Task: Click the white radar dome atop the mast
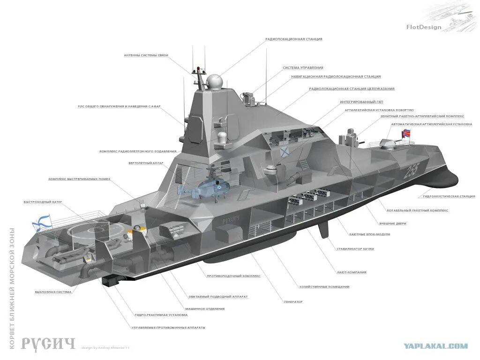(x=214, y=82)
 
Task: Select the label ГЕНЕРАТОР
(x=293, y=301)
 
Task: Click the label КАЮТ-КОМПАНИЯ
(x=352, y=272)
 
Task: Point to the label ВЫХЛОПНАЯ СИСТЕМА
(x=53, y=292)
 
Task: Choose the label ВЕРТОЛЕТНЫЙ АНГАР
(x=146, y=163)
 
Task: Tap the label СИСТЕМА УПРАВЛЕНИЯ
(x=303, y=67)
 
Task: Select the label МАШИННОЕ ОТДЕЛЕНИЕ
(x=205, y=308)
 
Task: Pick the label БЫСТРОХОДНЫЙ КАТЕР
(x=43, y=202)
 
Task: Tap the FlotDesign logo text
(x=424, y=27)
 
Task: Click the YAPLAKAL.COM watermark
(x=436, y=346)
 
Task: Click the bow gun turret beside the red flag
(x=387, y=143)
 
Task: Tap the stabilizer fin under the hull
(x=323, y=230)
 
